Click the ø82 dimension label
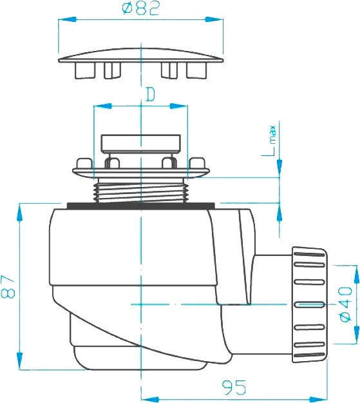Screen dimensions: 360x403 tap(141, 8)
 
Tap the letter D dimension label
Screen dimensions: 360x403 tap(151, 94)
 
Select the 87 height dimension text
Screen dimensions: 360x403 tap(8, 286)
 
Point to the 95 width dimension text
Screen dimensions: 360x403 tap(234, 388)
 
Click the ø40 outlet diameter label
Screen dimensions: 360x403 tap(345, 304)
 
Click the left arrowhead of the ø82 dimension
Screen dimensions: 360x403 tap(67, 19)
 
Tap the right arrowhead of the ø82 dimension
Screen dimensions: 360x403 tap(214, 19)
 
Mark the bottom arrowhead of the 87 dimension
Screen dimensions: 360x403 tap(19, 361)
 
